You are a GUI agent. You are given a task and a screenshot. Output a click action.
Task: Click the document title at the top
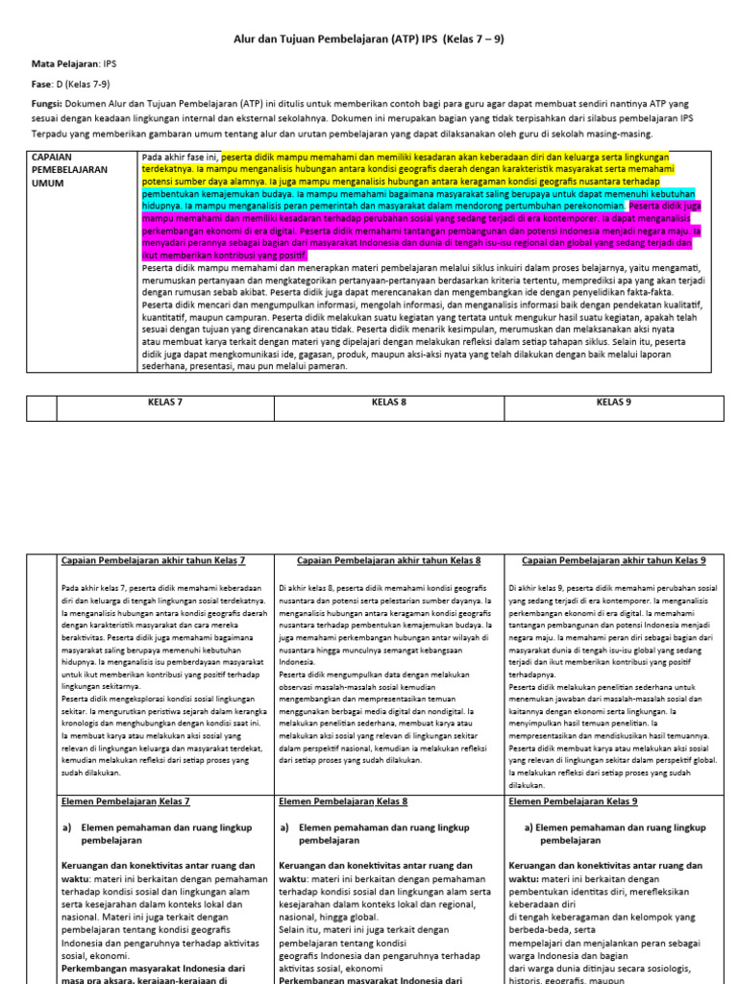coord(370,39)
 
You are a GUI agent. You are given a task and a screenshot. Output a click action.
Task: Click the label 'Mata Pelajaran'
coord(65,62)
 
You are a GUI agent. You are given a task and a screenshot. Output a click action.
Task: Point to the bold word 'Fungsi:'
coord(47,103)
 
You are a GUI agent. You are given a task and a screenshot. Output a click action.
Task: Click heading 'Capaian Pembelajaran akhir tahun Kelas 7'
coord(153,560)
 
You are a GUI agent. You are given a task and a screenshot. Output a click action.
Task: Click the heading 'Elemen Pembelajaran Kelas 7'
coord(126,800)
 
